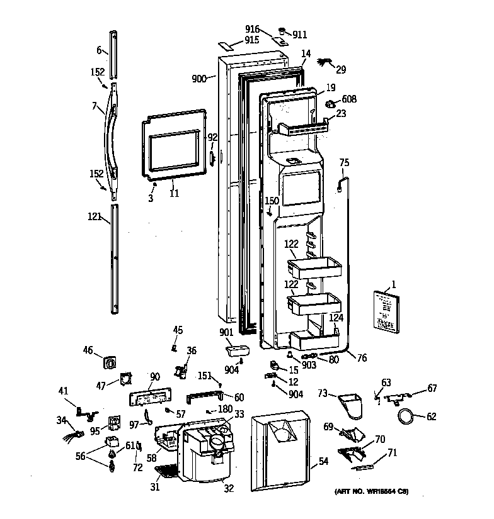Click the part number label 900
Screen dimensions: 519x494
coord(200,79)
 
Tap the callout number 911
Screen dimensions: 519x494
coord(299,35)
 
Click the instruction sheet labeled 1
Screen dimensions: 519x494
coord(384,311)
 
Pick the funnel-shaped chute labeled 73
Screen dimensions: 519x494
coord(351,405)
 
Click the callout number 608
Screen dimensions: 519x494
coord(349,99)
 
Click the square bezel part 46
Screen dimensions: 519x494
coord(111,363)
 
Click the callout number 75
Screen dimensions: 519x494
coord(344,162)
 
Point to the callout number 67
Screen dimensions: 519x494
coord(432,388)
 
